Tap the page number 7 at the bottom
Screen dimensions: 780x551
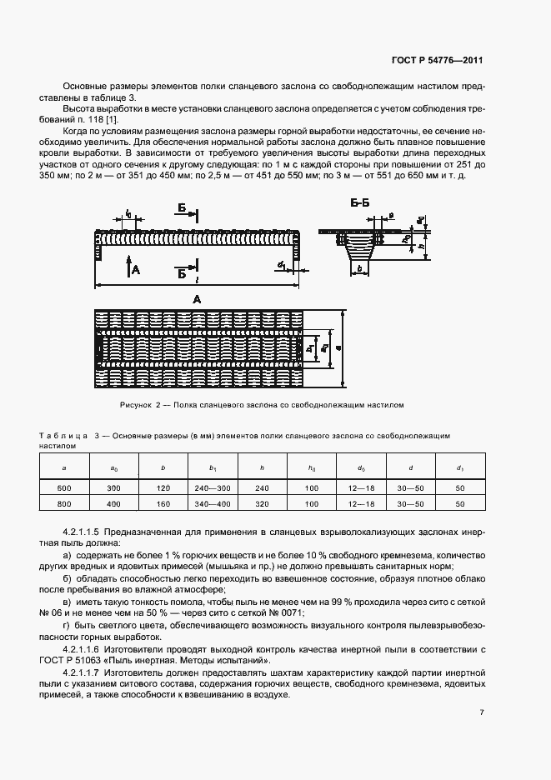(x=482, y=712)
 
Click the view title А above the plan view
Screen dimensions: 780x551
(x=196, y=298)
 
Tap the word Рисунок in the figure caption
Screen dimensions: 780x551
(x=138, y=404)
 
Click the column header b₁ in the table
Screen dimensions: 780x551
(x=213, y=469)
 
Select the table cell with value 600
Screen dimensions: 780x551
(x=64, y=487)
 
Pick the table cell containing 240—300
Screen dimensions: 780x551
(x=213, y=487)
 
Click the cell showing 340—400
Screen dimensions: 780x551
(x=213, y=504)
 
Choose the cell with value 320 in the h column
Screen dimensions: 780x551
(x=263, y=504)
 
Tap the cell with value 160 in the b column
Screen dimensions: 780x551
(x=163, y=504)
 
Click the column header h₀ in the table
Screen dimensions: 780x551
(x=313, y=469)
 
